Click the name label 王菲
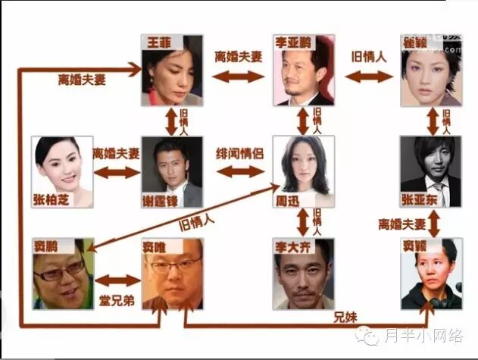155,42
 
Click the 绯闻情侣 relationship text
240,151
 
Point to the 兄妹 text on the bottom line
345,316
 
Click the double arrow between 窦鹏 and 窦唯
118,280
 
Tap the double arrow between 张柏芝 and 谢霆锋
117,172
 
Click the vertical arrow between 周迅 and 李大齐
304,221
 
